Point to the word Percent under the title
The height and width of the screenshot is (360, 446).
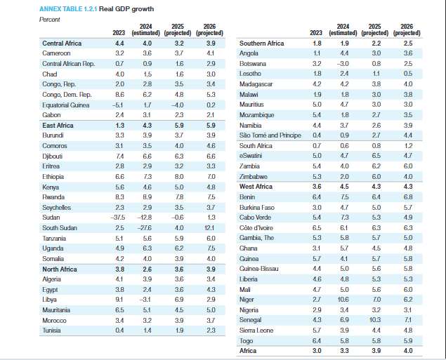pyautogui.click(x=50, y=19)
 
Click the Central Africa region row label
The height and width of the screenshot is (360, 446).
pyautogui.click(x=62, y=44)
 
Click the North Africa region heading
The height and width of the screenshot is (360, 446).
pyautogui.click(x=60, y=269)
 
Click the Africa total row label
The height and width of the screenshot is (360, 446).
pyautogui.click(x=248, y=349)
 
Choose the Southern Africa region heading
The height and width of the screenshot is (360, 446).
pyautogui.click(x=261, y=44)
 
